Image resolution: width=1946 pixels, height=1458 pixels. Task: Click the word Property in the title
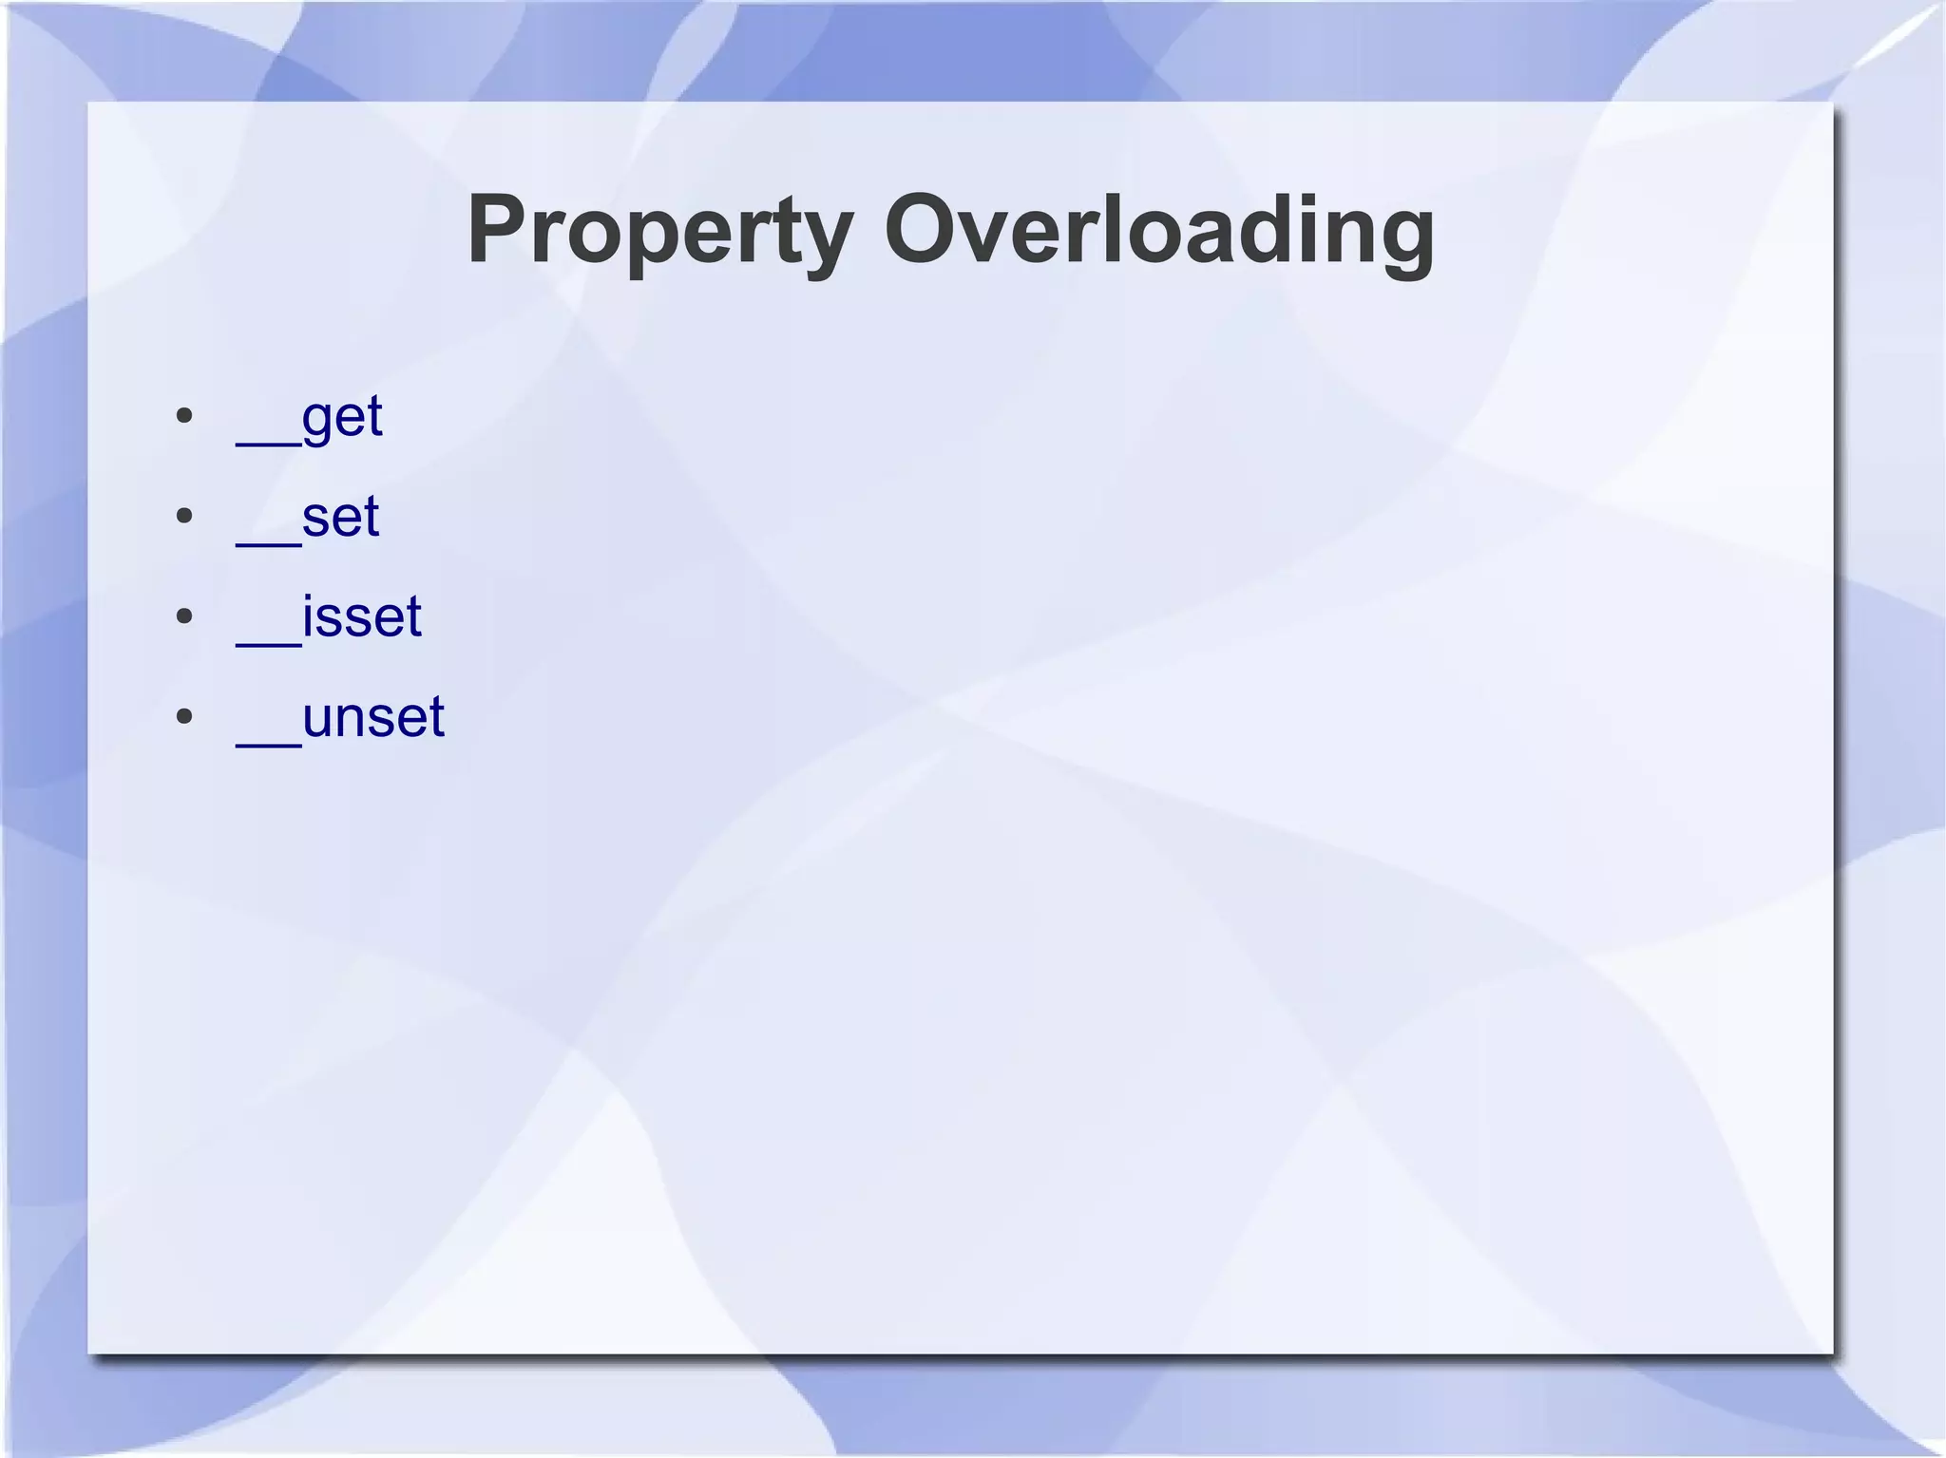[x=659, y=231]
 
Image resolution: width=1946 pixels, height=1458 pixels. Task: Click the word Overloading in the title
[x=1159, y=231]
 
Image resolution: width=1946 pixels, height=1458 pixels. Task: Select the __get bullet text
[x=310, y=417]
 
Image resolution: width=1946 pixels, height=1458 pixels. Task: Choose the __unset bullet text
[x=340, y=717]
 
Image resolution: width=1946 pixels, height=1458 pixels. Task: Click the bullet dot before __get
[x=185, y=416]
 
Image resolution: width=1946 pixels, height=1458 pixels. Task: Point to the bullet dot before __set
[x=185, y=516]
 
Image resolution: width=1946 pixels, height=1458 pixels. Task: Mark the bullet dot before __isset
[x=185, y=616]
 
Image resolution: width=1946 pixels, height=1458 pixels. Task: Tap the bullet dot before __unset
[x=185, y=716]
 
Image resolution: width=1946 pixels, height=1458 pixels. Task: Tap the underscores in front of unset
[x=268, y=742]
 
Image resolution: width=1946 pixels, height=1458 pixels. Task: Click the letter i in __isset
[x=308, y=615]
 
